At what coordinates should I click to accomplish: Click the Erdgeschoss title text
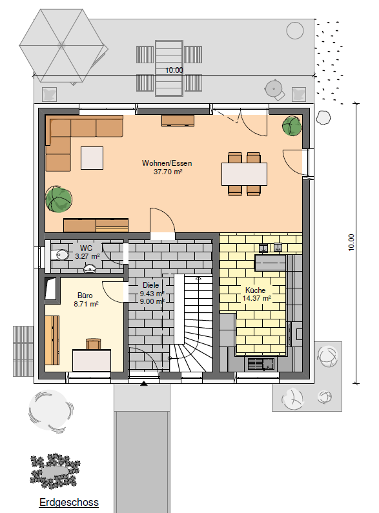68,502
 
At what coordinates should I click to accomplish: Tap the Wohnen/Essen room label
167,163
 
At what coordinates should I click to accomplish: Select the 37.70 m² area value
168,172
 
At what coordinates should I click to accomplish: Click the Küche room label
255,290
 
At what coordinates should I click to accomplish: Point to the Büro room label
85,296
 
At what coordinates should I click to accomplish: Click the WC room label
86,248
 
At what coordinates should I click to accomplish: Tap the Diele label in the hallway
151,285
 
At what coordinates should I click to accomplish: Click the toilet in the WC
60,254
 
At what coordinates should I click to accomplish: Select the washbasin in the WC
90,268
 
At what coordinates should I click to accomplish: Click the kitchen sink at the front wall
261,363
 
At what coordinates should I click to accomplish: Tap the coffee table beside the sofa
92,158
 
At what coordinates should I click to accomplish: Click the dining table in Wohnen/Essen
244,174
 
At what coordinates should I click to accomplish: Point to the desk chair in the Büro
93,344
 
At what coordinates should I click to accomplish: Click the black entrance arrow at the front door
144,383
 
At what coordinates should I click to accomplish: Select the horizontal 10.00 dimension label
174,70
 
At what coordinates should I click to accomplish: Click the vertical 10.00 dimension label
351,243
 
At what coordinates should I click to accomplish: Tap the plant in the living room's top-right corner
292,126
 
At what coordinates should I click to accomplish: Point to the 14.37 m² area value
256,298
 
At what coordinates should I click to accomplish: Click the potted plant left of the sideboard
59,199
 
